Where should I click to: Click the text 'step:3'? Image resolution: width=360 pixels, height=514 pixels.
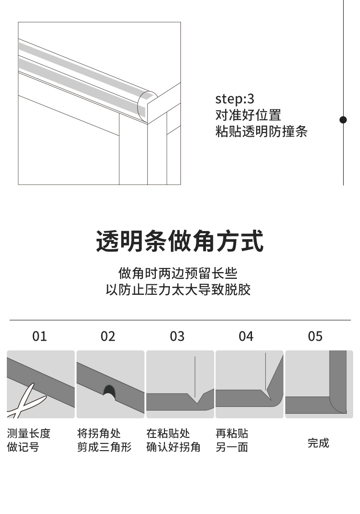point(235,99)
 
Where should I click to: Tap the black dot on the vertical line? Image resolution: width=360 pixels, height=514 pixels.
point(343,120)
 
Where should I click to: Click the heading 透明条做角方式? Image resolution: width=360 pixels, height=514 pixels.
point(180,242)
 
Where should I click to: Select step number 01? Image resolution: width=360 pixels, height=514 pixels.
point(40,336)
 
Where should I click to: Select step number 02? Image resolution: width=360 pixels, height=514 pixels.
point(108,336)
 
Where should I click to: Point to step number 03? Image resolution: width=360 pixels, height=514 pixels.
point(177,336)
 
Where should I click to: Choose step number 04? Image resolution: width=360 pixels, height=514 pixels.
point(246,336)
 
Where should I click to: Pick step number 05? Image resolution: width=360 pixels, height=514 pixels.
point(315,336)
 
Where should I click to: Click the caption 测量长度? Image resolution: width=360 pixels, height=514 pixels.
point(29,433)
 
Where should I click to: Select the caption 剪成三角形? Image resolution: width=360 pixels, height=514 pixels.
point(104,447)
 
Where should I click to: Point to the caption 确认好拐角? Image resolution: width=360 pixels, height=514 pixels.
point(173,447)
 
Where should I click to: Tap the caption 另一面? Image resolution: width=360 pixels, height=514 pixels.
point(231,447)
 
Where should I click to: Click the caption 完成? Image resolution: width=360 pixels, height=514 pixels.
point(318,442)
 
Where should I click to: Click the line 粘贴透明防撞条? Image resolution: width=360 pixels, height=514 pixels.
point(261,132)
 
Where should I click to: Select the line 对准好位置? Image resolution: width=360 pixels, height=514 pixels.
point(248,115)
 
